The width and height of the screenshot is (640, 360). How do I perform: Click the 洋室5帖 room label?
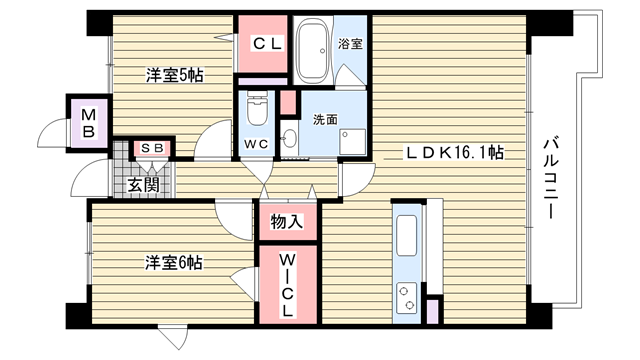point(175,76)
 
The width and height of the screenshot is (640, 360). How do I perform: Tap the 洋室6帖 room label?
point(174,263)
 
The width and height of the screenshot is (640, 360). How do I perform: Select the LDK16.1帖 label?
point(454,153)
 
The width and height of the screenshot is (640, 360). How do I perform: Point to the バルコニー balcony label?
point(551,177)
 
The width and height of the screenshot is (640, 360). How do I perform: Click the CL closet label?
point(267,43)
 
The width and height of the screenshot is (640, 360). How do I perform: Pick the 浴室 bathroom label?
point(350,43)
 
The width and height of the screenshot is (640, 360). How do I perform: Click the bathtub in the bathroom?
point(313,51)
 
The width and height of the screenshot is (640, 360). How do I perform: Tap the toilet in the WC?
point(256,109)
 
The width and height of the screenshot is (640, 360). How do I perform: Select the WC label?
point(256,144)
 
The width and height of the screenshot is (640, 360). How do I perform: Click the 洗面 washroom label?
point(325,119)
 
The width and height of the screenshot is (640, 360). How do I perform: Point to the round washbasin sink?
point(290,139)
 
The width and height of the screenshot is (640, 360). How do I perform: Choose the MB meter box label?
point(88,123)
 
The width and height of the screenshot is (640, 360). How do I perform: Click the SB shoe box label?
point(152,148)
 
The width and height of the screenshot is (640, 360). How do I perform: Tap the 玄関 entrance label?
point(143,185)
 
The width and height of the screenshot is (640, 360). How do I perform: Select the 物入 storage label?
point(287,222)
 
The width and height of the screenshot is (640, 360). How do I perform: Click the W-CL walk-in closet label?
point(288,285)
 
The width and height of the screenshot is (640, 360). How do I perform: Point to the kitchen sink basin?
point(407,236)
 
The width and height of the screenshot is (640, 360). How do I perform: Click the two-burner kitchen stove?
point(407,298)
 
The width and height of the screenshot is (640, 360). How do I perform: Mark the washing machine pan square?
point(353,142)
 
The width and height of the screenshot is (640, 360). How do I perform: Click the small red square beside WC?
point(288,102)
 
